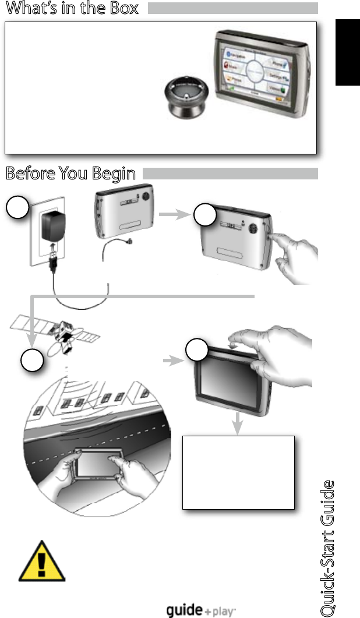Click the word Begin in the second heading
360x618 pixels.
pos(114,174)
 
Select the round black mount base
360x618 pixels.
pos(182,96)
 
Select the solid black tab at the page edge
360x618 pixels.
pos(348,52)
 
